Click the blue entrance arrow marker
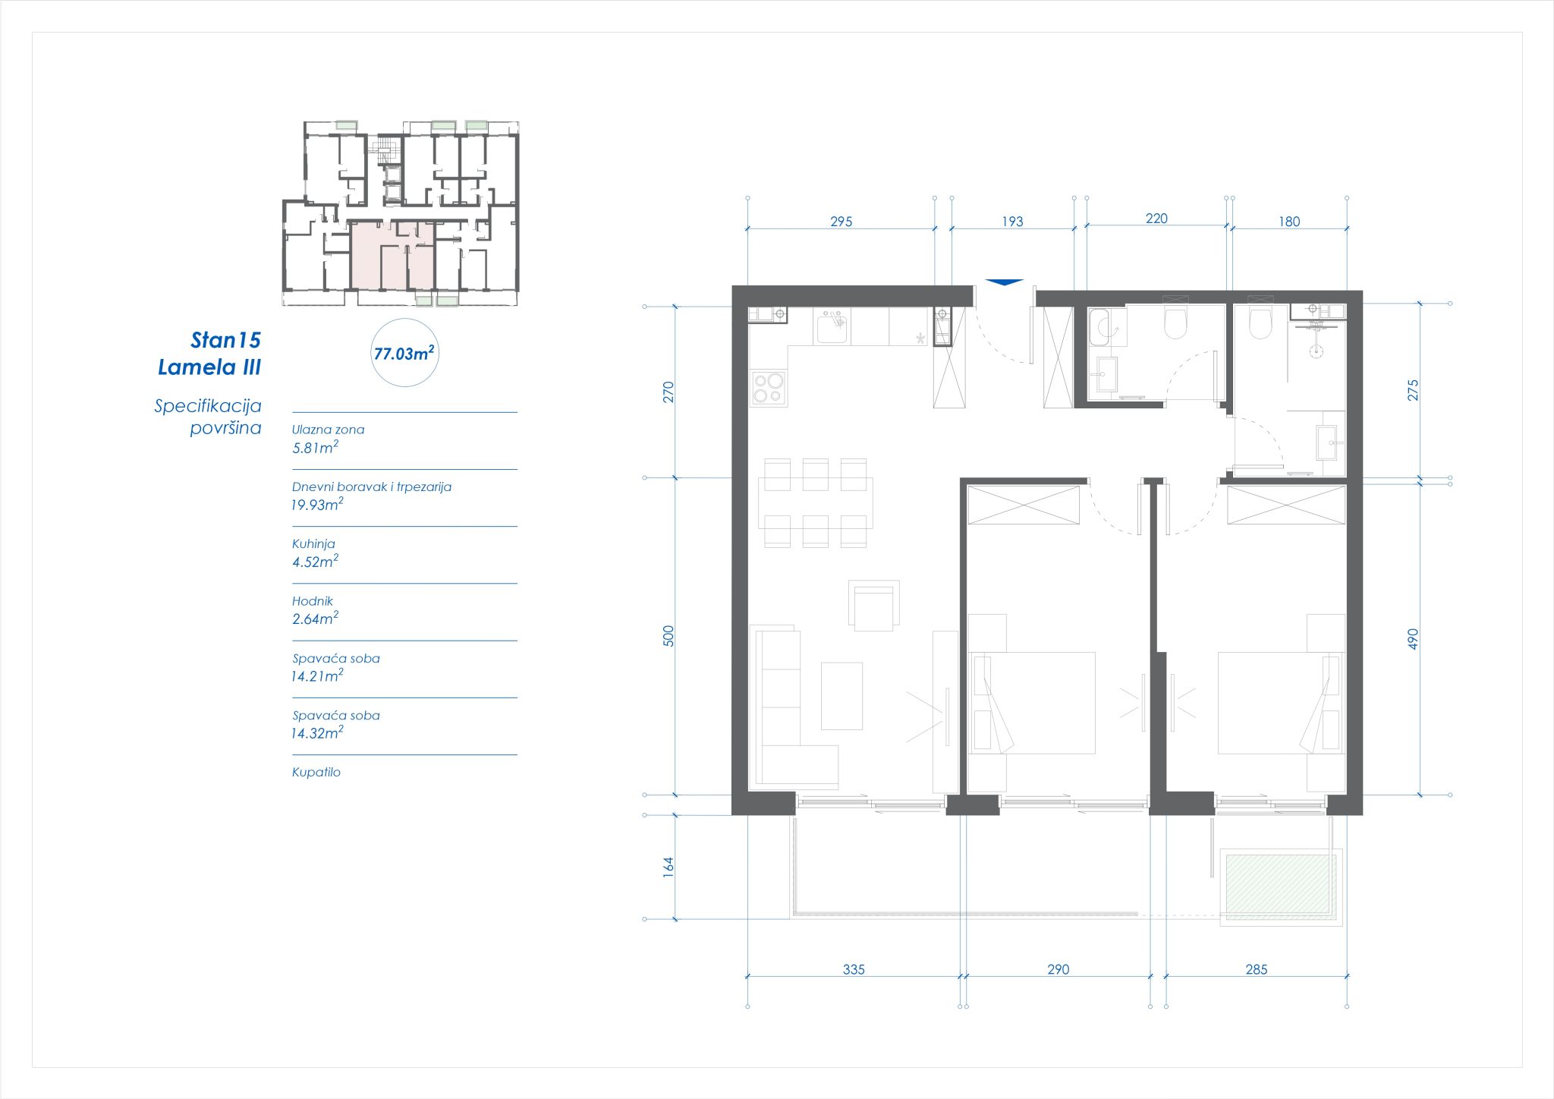1004,282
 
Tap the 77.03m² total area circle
404,353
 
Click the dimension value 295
841,222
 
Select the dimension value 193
1012,222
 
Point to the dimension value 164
668,867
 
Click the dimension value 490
1412,638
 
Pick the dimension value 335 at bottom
854,969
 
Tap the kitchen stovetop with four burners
768,387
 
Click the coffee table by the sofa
841,696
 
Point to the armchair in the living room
874,606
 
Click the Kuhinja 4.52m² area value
315,562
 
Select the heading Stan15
225,340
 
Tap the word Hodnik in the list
313,601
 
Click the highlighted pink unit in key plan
392,256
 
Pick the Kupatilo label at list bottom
316,773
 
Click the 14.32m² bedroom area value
317,733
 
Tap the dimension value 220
1156,219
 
